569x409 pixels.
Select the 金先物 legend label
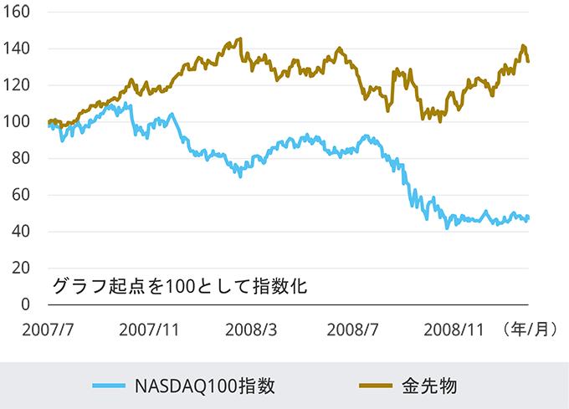tap(428, 386)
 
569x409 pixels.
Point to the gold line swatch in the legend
tap(376, 386)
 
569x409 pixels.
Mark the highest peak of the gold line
tap(239, 38)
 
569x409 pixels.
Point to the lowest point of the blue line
tap(448, 227)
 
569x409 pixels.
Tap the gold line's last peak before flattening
tap(524, 46)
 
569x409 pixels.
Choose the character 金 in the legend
tap(410, 386)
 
